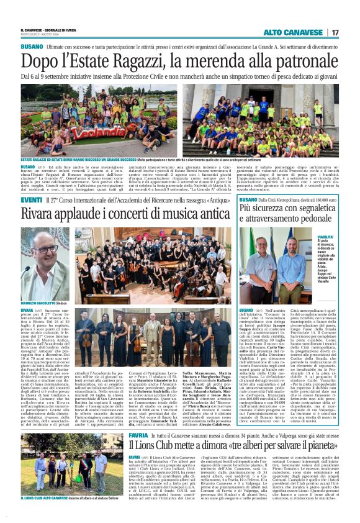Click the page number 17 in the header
[335, 32]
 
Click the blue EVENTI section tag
[31, 200]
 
